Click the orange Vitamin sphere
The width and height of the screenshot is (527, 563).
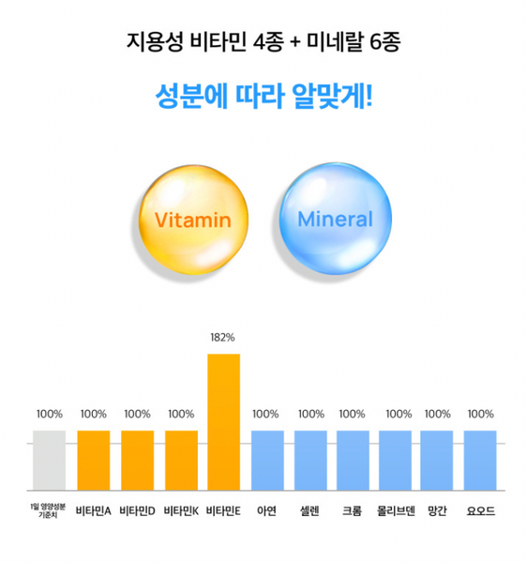tap(194, 219)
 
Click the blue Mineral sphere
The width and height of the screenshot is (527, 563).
tap(336, 219)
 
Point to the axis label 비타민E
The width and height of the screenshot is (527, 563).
tap(223, 512)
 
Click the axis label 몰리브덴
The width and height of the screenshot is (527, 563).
tap(398, 512)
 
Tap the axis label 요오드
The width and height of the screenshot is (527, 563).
tap(480, 512)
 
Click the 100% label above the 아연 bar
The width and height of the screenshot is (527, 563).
tap(266, 414)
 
